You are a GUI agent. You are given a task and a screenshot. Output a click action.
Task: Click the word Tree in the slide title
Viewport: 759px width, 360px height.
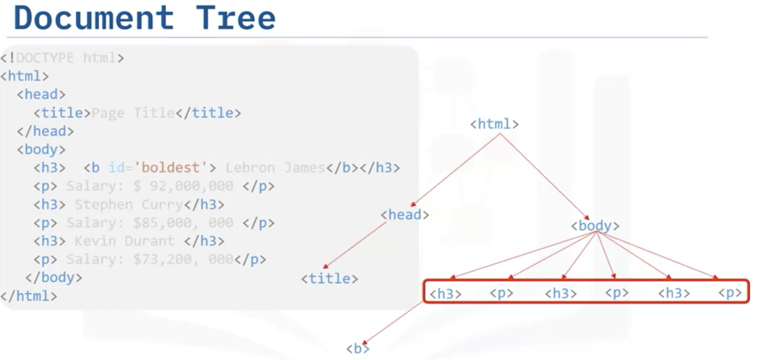[x=236, y=18]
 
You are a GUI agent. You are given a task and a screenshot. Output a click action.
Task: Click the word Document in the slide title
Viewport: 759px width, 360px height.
[x=94, y=18]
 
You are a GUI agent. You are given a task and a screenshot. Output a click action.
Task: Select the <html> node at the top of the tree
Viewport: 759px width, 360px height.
[x=494, y=124]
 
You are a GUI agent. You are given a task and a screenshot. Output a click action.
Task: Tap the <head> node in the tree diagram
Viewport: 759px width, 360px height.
[x=405, y=214]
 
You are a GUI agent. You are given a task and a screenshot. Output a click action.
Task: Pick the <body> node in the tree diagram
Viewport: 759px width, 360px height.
[x=595, y=225]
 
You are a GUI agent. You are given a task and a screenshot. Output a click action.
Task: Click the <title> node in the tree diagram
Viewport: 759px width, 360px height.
[x=329, y=278]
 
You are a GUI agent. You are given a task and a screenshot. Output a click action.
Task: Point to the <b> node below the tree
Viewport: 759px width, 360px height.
[x=358, y=349]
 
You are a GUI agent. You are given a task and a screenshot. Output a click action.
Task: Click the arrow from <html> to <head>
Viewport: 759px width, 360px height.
[x=456, y=170]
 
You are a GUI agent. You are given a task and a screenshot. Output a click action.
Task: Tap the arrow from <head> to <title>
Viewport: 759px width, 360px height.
[x=355, y=245]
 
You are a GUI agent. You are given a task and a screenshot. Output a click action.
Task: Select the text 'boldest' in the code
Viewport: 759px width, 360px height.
[x=170, y=168]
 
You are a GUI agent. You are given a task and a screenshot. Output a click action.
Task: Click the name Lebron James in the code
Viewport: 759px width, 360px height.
[x=274, y=168]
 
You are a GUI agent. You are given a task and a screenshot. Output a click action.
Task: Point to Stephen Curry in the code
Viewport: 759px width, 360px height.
[x=128, y=204]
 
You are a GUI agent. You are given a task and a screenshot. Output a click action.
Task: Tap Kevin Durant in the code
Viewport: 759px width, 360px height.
[x=124, y=241]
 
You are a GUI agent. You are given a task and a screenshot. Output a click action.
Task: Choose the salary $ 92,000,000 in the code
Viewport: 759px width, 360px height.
[x=183, y=186]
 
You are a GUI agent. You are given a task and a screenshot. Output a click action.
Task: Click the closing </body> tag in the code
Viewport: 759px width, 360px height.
[x=53, y=277]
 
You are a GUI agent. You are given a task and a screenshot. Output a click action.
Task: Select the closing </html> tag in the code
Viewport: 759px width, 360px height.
[x=29, y=296]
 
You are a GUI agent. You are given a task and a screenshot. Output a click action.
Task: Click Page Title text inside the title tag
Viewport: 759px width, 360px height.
[x=133, y=113]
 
